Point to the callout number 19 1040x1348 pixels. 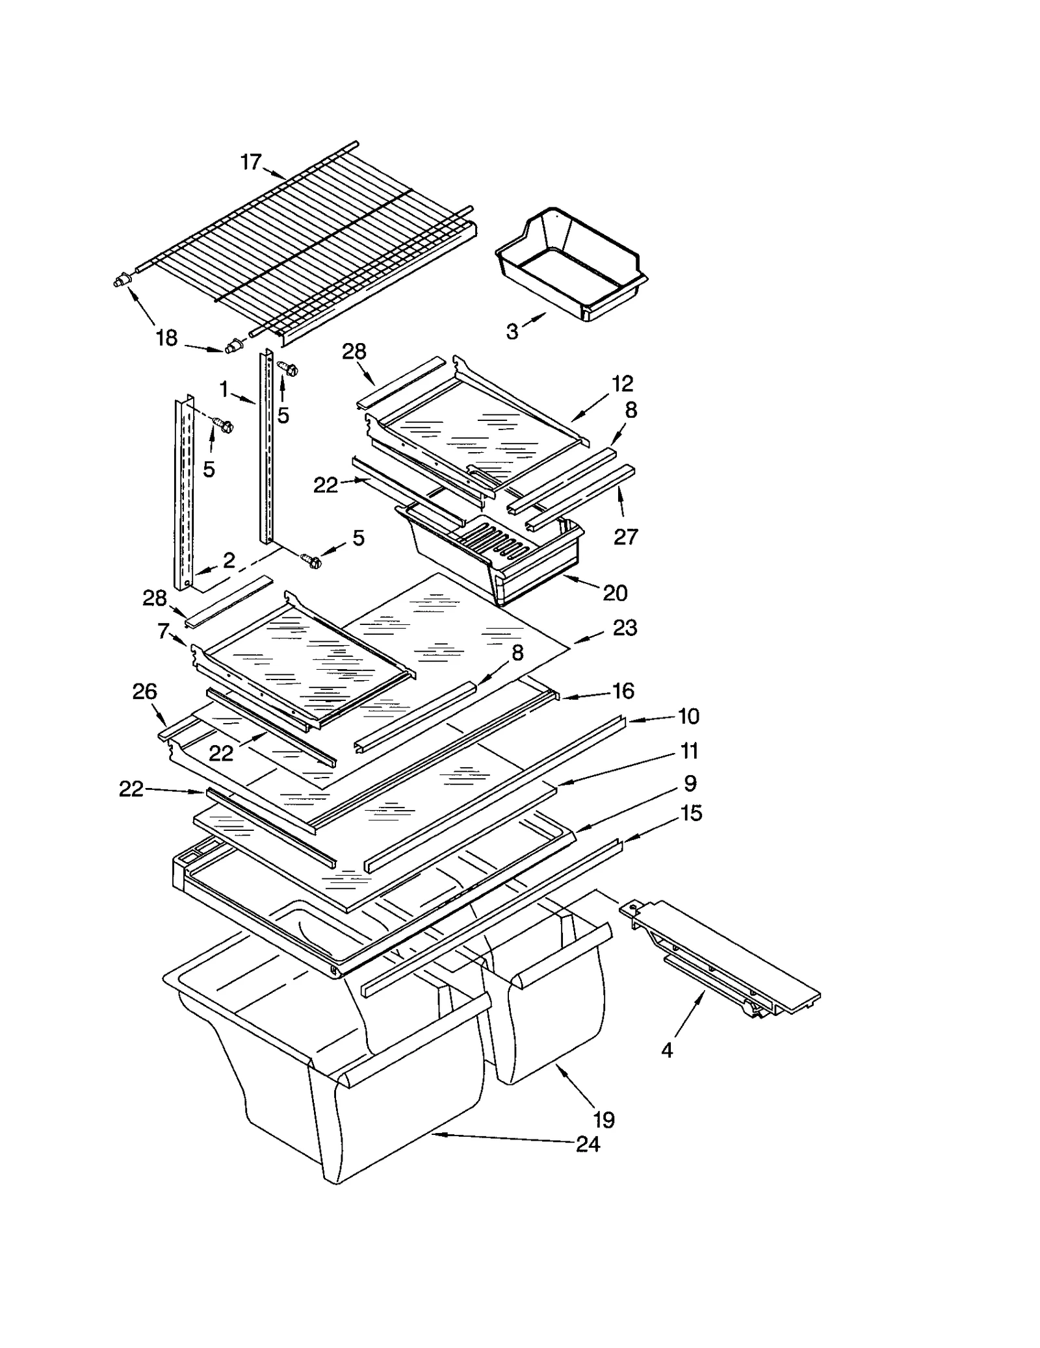(604, 1119)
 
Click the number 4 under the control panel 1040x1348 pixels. (668, 1050)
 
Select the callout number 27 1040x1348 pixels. (626, 537)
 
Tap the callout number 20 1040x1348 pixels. (615, 592)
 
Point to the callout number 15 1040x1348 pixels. (692, 813)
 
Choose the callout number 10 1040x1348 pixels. (688, 716)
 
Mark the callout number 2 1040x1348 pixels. (229, 561)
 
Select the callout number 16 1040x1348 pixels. (623, 691)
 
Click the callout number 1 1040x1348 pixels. (224, 390)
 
